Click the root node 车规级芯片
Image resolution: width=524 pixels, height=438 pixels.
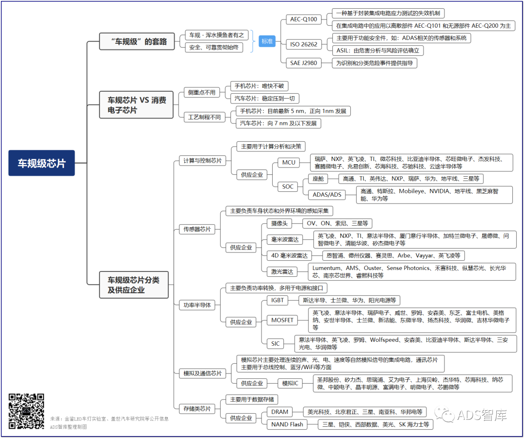point(41,163)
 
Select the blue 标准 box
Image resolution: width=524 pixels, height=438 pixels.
point(267,41)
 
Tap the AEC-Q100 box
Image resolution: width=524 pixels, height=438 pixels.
point(303,19)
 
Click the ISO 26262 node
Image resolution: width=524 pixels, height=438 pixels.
point(303,44)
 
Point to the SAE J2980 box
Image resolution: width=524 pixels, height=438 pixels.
point(303,63)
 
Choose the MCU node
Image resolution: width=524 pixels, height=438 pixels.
point(289,163)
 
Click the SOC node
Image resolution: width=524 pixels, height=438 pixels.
point(287,186)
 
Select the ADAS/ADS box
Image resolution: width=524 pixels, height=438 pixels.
point(327,195)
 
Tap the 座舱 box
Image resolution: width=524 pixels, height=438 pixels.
point(318,179)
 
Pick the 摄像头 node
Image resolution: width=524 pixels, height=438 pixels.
point(279,223)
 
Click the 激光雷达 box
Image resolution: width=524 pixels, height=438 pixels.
point(282,272)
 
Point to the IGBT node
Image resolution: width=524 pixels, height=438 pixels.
point(278,300)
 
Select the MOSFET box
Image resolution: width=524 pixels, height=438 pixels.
point(282,320)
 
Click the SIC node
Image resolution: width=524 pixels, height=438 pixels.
point(276,343)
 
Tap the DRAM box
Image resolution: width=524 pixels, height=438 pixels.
point(280,412)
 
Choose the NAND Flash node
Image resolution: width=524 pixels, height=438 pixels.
point(287,424)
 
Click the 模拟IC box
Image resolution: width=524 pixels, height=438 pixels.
point(290,384)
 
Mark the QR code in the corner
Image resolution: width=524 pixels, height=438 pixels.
point(26,411)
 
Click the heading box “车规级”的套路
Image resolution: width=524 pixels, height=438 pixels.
point(137,41)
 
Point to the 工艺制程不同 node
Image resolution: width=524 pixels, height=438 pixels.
point(204,117)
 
